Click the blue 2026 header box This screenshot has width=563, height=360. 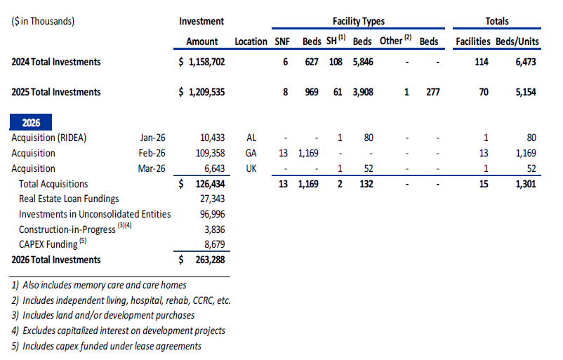[31, 122]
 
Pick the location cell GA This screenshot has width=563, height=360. [251, 153]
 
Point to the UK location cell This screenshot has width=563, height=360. [251, 168]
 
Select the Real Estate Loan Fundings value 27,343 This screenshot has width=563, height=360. [212, 199]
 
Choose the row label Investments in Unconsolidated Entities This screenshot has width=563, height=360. [95, 214]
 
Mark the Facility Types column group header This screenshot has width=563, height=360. [358, 21]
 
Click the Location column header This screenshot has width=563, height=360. [251, 41]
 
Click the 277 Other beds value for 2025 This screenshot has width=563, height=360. [431, 92]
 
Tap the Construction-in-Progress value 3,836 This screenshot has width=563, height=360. [215, 229]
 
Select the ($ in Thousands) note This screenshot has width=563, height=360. [43, 21]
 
